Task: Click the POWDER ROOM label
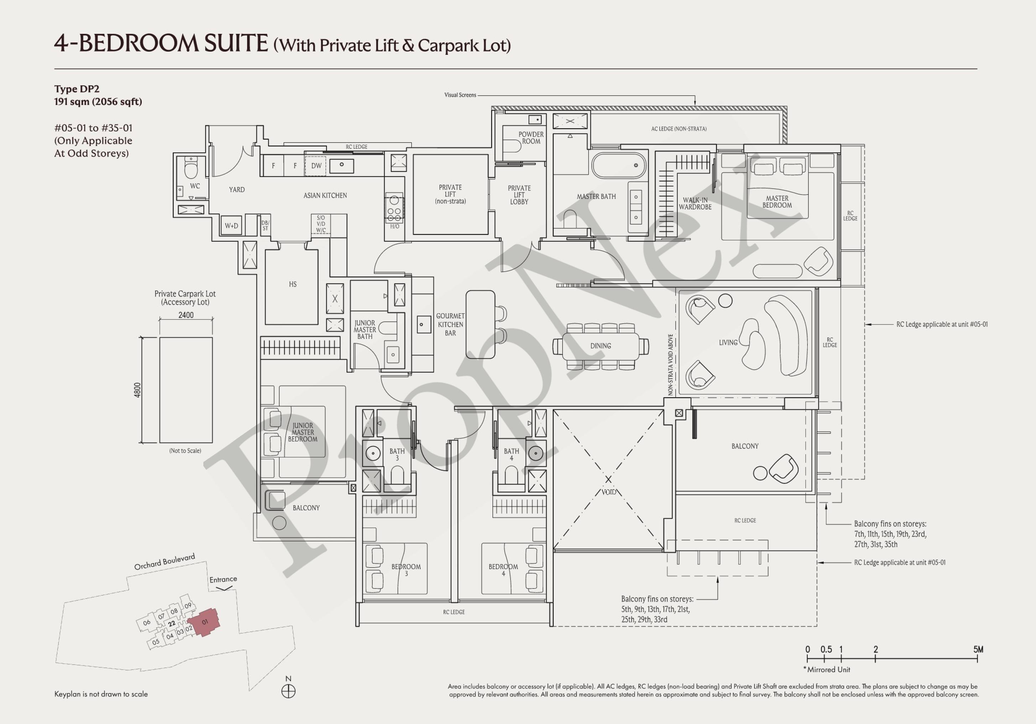tap(531, 137)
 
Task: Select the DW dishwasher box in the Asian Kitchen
tap(316, 166)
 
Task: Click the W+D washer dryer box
tap(231, 225)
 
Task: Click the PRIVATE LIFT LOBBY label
tap(519, 195)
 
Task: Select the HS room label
tap(293, 284)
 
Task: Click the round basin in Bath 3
tap(373, 453)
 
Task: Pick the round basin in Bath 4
tap(536, 453)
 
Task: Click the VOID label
tap(609, 492)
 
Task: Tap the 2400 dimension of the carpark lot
tap(186, 315)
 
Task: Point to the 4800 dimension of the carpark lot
tap(137, 390)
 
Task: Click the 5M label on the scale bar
tap(978, 650)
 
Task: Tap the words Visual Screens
tap(460, 95)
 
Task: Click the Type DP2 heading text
tap(77, 89)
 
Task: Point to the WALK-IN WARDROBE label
tap(695, 203)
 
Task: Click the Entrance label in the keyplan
tap(223, 579)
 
